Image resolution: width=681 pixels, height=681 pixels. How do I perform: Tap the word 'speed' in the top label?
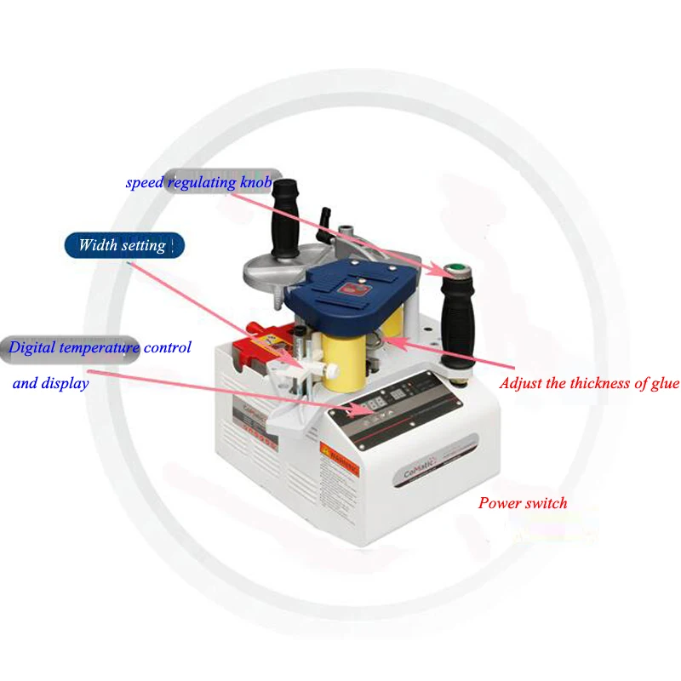(x=146, y=182)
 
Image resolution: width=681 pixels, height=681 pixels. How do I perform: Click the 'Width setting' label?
(x=122, y=245)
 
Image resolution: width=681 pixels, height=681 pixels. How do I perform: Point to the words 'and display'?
(x=51, y=383)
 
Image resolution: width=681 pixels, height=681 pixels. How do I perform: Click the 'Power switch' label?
(x=522, y=502)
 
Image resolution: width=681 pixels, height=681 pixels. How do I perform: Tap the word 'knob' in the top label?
(x=254, y=182)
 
